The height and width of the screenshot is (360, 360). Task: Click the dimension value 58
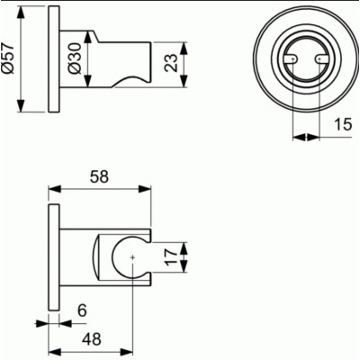(99, 178)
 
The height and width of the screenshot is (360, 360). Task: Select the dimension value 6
(81, 310)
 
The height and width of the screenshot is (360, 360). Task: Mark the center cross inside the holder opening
(132, 259)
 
